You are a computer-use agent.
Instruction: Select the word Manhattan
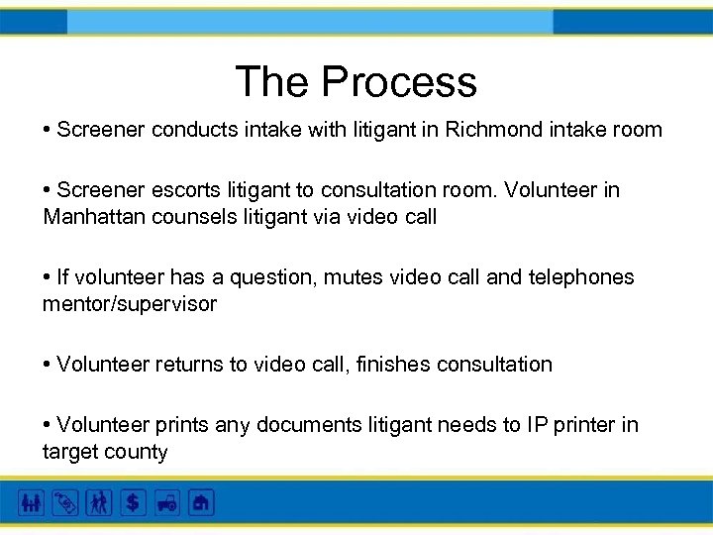pyautogui.click(x=95, y=216)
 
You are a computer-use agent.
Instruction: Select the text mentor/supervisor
pyautogui.click(x=129, y=304)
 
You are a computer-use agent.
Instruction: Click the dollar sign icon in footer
pyautogui.click(x=133, y=503)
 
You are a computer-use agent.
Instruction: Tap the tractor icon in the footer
pyautogui.click(x=166, y=503)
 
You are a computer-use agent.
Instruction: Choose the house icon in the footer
pyautogui.click(x=201, y=503)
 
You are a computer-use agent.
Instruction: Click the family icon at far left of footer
pyautogui.click(x=32, y=503)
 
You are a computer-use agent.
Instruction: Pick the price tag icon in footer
pyautogui.click(x=65, y=503)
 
